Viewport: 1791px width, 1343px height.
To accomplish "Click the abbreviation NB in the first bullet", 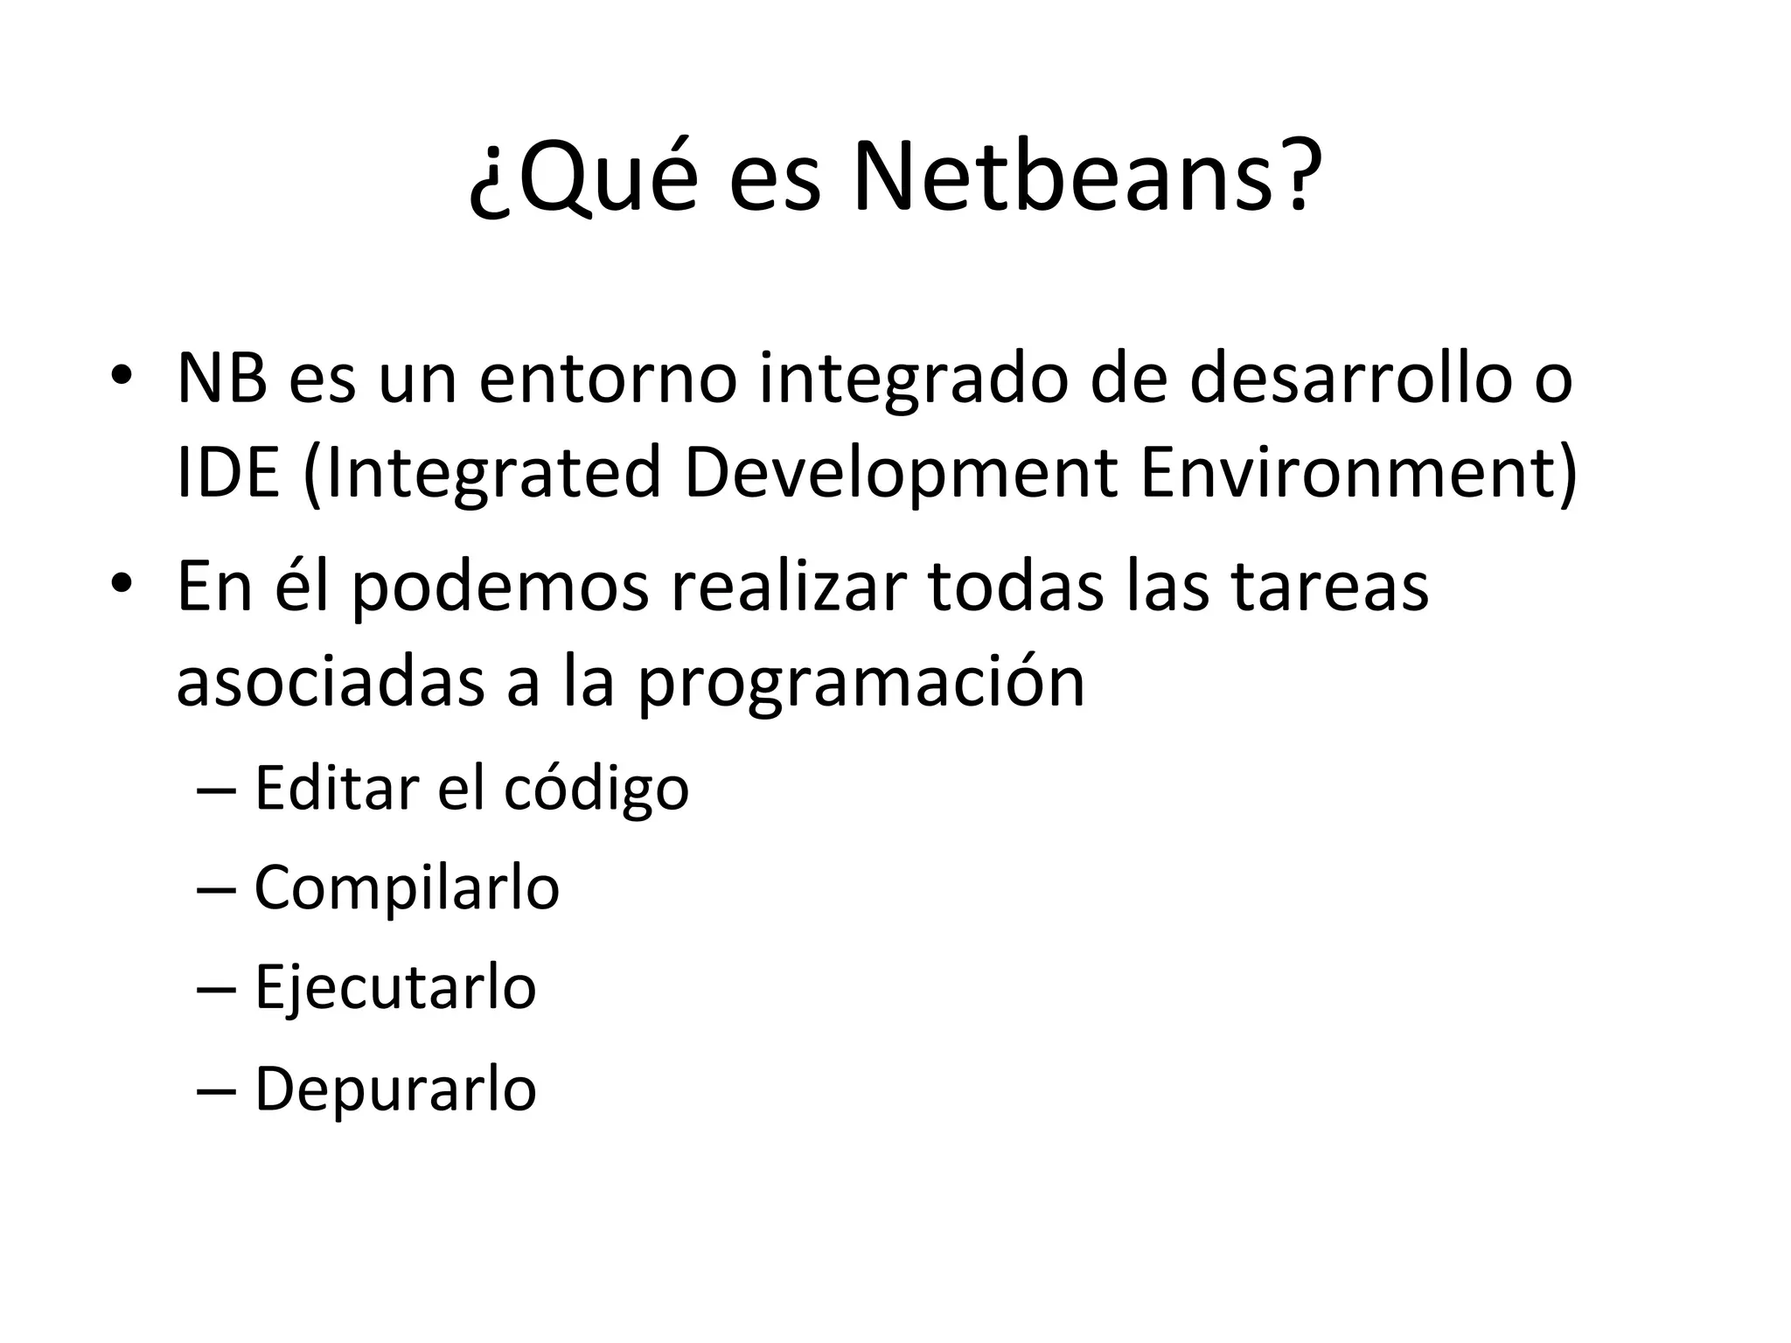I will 221,378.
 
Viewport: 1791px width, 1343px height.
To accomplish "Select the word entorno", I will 607,378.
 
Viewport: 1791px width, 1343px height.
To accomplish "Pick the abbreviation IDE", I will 227,473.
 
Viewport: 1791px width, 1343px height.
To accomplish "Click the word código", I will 596,790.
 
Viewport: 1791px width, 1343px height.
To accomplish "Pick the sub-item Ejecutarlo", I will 395,989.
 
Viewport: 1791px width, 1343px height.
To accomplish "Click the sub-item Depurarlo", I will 395,1089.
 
